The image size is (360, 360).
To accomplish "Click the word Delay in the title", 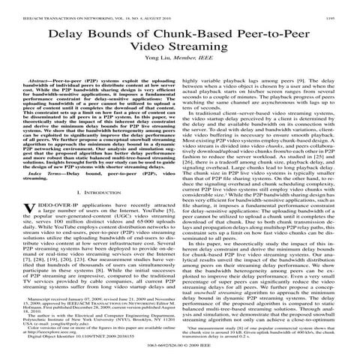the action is tap(87, 34).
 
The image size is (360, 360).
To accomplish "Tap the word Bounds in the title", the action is tap(132, 34).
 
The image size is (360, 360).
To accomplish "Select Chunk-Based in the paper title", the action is tap(196, 34).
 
